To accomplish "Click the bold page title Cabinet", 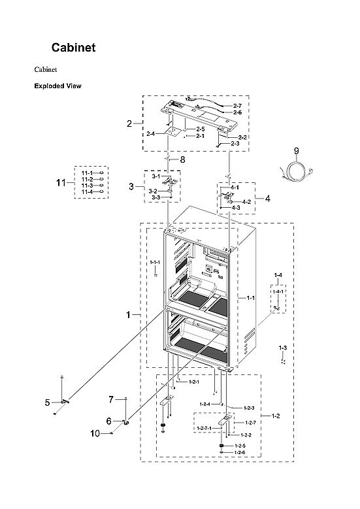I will click(74, 48).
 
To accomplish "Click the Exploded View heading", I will click(57, 86).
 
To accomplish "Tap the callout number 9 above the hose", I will click(296, 150).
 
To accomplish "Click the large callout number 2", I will click(129, 123).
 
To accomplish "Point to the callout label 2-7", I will click(237, 105).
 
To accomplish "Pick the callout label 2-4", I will click(150, 133).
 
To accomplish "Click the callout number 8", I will click(183, 159).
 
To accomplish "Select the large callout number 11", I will click(61, 182).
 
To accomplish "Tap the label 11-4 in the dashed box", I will click(87, 192).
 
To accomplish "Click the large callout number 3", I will click(131, 187).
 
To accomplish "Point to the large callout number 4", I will click(267, 197).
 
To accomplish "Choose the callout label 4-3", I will click(236, 208).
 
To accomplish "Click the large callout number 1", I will click(129, 315).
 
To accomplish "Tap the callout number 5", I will click(47, 402).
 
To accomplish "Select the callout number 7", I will click(111, 399).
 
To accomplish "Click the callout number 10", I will click(95, 433).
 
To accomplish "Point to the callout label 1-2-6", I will click(239, 452).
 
